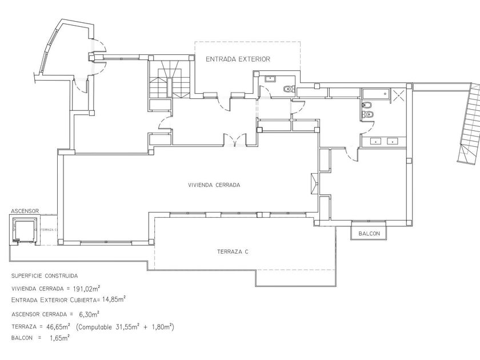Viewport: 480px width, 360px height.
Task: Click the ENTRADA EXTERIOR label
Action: pos(238,59)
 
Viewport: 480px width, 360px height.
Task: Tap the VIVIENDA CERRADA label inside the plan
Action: pos(214,185)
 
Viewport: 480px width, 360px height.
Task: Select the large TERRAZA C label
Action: pos(233,251)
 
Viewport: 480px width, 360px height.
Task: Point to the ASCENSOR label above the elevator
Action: pos(24,211)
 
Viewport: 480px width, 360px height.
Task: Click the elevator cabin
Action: pos(25,231)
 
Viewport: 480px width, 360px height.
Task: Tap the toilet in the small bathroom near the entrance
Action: pos(289,88)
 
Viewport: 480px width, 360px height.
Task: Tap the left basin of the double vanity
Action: pos(376,141)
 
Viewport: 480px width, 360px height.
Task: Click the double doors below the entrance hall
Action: pos(235,139)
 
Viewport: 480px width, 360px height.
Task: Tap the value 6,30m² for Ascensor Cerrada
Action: pos(89,314)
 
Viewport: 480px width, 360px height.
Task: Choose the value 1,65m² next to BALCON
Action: pos(59,338)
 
